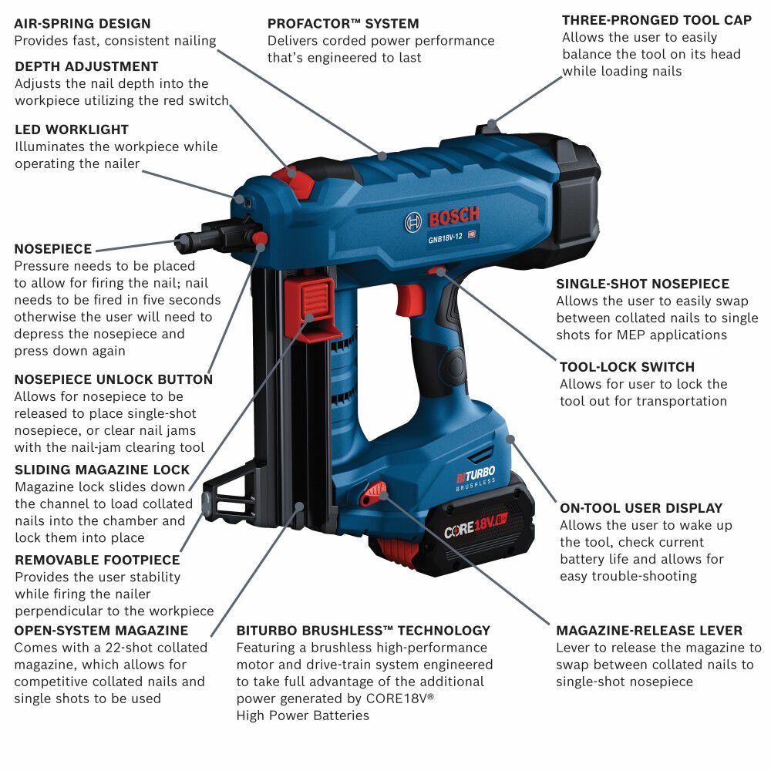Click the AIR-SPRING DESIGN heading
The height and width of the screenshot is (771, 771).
point(82,24)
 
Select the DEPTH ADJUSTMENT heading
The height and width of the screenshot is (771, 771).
point(86,66)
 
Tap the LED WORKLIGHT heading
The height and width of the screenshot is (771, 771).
point(72,130)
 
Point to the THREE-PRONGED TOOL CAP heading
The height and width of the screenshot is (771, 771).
point(657,20)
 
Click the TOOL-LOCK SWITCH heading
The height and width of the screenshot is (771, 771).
point(627,367)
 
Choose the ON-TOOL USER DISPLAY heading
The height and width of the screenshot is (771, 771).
point(641,508)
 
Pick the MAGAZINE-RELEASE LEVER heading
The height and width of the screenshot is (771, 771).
point(649,631)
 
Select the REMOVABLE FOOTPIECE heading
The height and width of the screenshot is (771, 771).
point(97,560)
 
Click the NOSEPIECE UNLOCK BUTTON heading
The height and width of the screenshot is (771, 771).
point(113,379)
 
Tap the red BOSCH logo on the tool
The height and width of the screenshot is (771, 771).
point(454,216)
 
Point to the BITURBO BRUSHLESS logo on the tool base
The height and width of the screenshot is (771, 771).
point(476,479)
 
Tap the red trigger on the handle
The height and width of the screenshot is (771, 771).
point(410,299)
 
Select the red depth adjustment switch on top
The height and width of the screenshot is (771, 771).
point(295,182)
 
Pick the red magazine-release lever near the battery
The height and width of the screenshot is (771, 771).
point(373,493)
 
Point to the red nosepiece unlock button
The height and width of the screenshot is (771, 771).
point(260,239)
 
